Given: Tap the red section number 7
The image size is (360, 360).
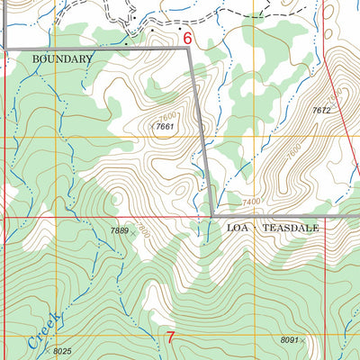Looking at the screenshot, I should (171, 338).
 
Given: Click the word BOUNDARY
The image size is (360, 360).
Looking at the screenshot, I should (62, 58).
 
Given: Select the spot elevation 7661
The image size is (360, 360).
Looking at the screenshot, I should (164, 128).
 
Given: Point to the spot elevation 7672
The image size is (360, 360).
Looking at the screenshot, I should (322, 110).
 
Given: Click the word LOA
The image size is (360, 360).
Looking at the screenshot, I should (237, 229).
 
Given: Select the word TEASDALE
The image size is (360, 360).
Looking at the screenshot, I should (292, 229).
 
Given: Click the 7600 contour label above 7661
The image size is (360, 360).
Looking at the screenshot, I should (169, 116).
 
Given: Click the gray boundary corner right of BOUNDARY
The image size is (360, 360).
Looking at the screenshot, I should (190, 49).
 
